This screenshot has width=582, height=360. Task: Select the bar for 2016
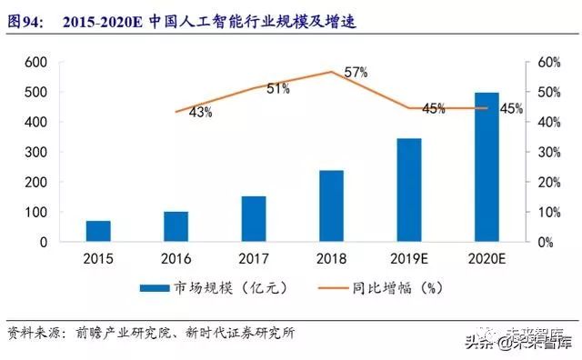[176, 227]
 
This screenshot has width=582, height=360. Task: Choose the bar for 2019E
[409, 191]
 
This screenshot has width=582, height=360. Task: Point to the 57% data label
[356, 72]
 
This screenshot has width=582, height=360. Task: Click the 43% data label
[200, 113]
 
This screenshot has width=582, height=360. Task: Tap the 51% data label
[277, 88]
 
